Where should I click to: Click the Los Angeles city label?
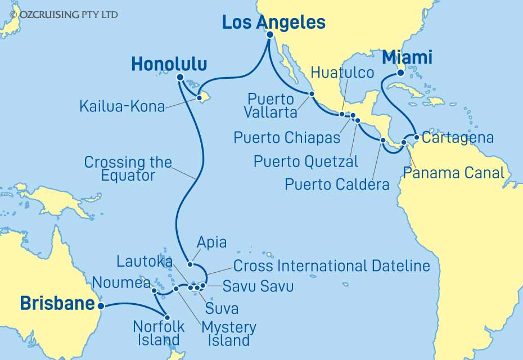(274, 22)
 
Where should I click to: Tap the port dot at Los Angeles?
(269, 34)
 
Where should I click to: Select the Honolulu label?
(169, 64)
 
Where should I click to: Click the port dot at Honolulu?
(180, 78)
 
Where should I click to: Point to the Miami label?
(407, 57)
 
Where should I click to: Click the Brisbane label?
(57, 304)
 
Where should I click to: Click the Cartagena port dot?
(416, 137)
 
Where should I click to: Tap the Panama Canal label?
(453, 172)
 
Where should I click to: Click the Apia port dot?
(190, 264)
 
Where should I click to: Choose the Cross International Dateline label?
(331, 265)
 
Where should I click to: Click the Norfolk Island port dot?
(167, 317)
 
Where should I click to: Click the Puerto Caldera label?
(337, 184)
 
